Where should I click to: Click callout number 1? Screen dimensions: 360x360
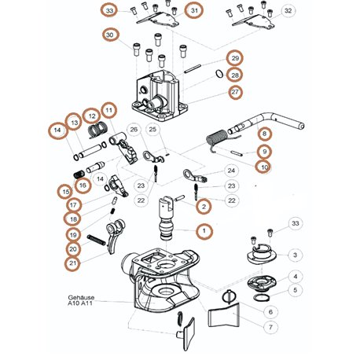204,231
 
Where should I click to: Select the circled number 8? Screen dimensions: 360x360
264,134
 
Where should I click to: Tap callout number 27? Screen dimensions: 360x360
235,92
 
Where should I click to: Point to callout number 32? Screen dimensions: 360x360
288,11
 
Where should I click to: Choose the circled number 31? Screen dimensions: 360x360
194,10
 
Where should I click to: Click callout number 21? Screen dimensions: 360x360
72,263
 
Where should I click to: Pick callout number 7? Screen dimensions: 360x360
270,327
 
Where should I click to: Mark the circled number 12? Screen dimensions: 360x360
92,116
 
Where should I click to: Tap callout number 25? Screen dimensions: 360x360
152,129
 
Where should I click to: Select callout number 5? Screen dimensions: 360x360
296,290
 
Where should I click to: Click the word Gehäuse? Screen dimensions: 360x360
81,298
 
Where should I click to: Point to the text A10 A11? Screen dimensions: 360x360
80,303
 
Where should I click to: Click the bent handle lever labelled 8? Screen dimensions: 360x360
265,123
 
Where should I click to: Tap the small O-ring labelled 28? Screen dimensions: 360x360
219,74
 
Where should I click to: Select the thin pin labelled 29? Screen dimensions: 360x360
193,69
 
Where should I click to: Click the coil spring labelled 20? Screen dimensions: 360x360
96,240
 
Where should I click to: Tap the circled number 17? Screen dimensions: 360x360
73,205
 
